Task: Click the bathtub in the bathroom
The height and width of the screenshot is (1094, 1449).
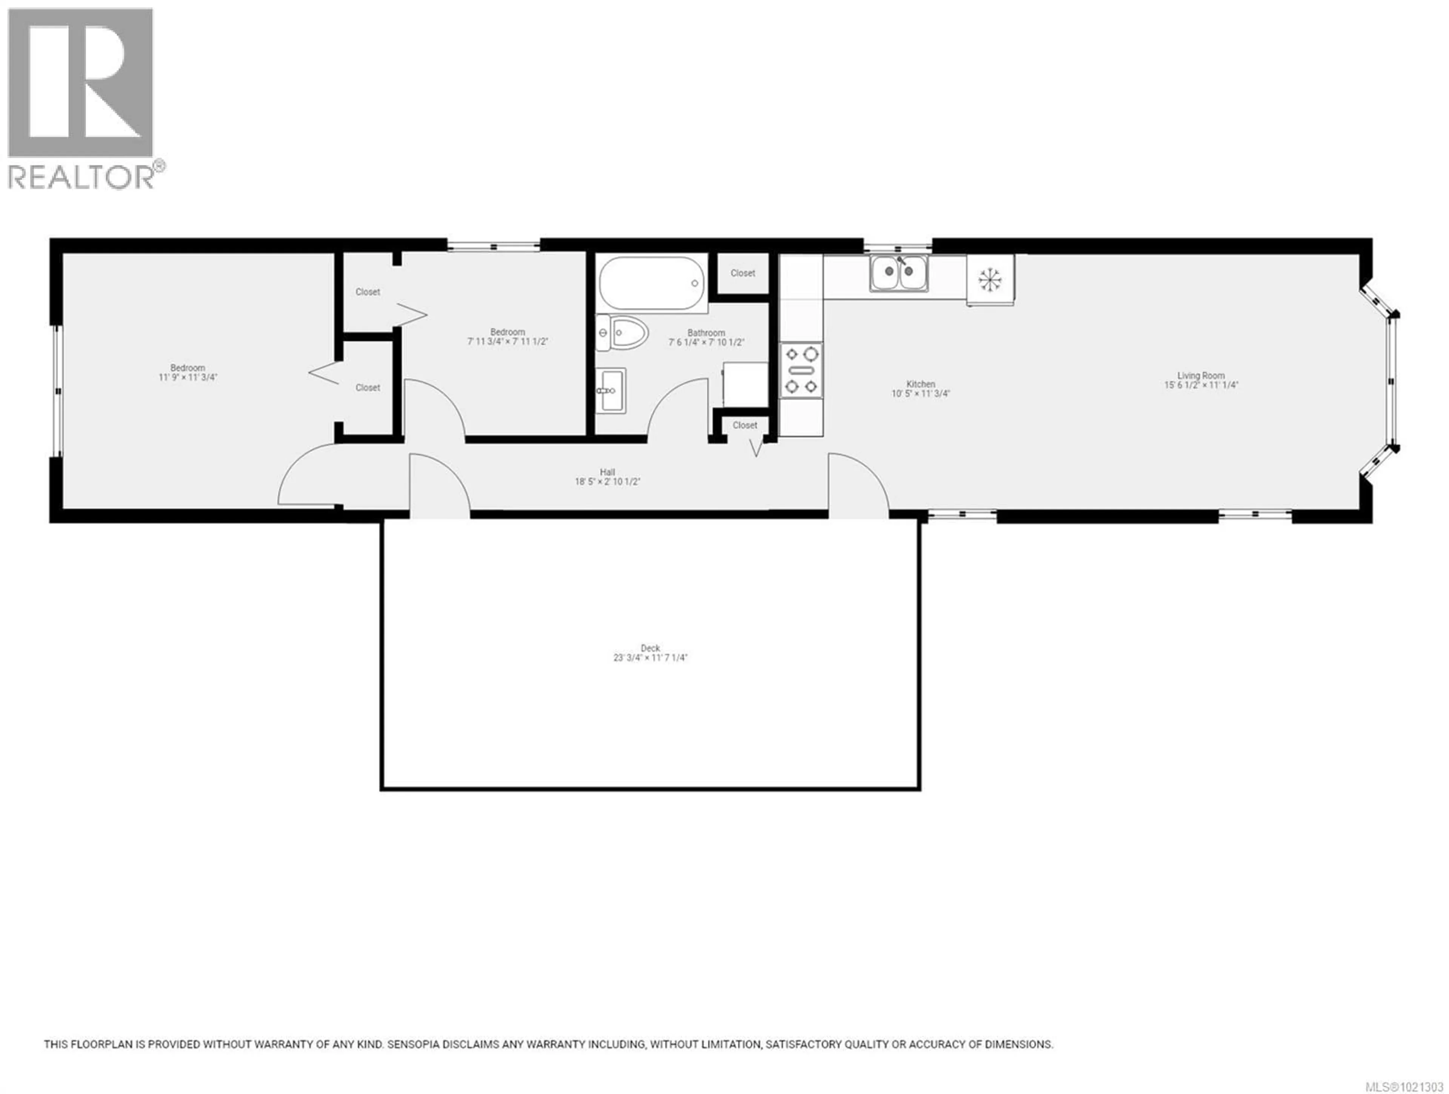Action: tap(651, 283)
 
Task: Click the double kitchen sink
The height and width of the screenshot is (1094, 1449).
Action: tap(899, 273)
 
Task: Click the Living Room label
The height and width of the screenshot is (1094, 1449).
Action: tap(1201, 376)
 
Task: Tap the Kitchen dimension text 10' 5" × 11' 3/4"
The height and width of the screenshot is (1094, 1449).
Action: tap(920, 394)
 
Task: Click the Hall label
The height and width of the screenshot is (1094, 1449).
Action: tap(607, 472)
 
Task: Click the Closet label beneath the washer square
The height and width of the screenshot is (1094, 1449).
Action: tap(745, 425)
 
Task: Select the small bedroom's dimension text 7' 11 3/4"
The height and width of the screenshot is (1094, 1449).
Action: tap(508, 342)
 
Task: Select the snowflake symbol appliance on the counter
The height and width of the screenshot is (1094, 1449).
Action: tap(990, 280)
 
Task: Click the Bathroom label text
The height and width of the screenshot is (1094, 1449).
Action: tap(706, 333)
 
